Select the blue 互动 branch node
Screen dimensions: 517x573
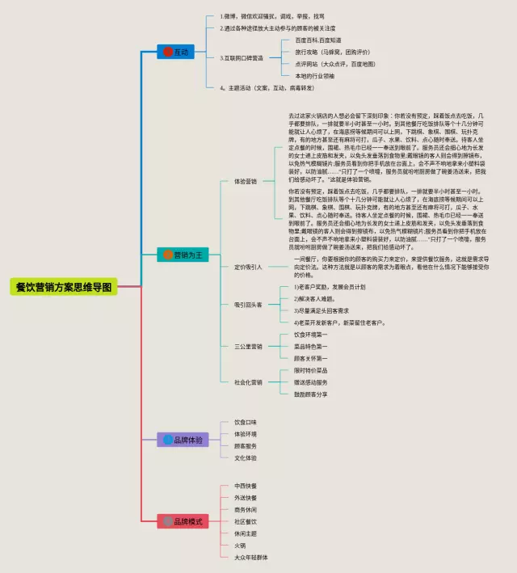pos(175,52)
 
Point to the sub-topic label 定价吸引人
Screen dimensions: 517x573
pos(248,266)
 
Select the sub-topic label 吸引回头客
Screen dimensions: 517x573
pos(248,305)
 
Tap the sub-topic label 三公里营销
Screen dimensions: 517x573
pos(248,346)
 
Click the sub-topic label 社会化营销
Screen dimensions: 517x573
pos(248,381)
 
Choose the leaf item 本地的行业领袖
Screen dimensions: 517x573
pos(315,75)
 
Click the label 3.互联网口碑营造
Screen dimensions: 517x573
pos(242,57)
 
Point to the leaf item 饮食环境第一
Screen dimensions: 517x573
pos(310,334)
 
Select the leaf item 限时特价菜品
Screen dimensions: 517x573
pos(310,370)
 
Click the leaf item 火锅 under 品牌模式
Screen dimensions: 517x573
pos(240,546)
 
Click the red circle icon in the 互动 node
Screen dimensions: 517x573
pos(168,52)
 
